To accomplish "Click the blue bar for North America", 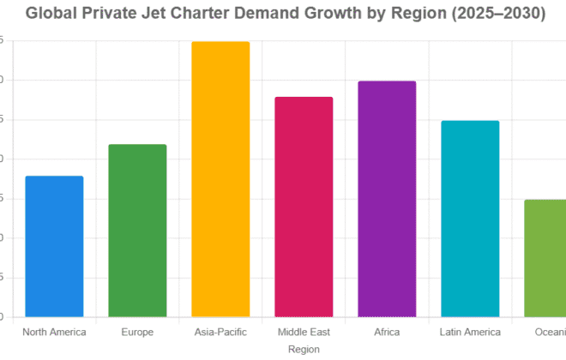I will [54, 247].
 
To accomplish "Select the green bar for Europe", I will [137, 231].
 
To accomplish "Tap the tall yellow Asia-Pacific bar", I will [220, 179].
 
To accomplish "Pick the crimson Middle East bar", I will [304, 207].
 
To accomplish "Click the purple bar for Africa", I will [387, 199].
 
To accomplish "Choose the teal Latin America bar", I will [470, 219].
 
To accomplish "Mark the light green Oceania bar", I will [545, 258].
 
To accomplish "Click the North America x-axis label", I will [54, 332].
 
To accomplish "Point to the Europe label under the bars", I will [137, 332].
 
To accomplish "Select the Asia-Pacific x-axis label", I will [220, 332].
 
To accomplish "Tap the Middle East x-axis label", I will [304, 332].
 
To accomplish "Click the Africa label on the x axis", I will [387, 332].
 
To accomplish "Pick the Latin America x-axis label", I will [470, 332].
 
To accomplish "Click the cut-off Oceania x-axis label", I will [549, 332].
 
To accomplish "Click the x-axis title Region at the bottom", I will [304, 349].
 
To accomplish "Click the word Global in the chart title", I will [52, 14].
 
